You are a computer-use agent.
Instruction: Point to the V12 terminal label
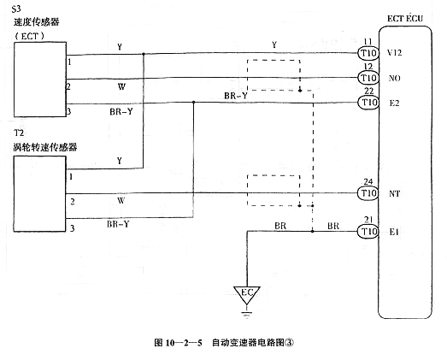tap(394, 53)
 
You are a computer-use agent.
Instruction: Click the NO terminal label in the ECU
tap(393, 78)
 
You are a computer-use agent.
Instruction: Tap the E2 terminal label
tap(393, 103)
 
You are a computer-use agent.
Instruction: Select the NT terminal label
tap(393, 193)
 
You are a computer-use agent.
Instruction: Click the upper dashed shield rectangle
tap(273, 74)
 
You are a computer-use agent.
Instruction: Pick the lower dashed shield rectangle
tap(273, 189)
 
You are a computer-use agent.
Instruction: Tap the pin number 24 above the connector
tap(368, 180)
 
